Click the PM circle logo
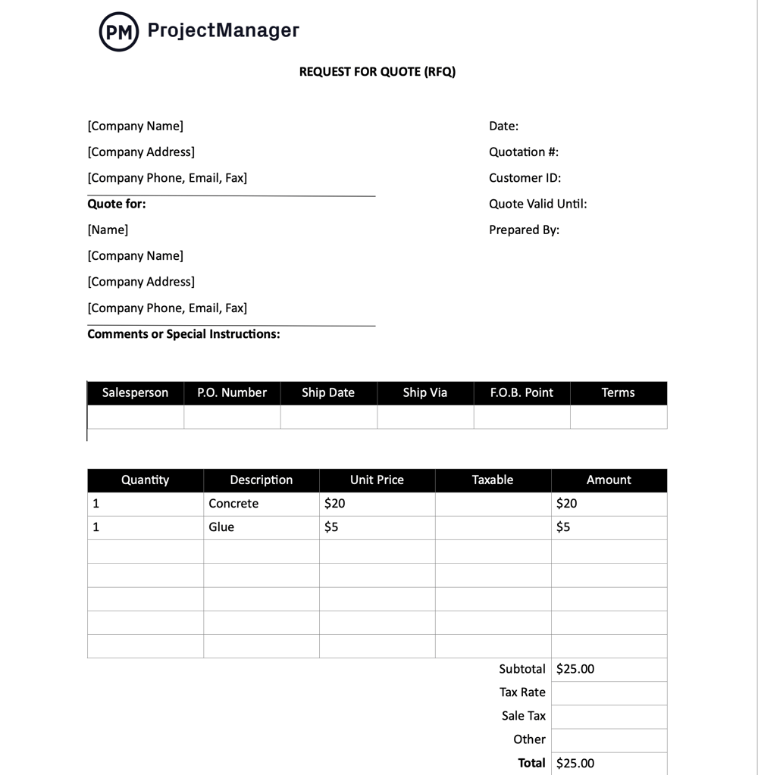pos(119,32)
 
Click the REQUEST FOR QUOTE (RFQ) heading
pos(377,72)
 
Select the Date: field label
pos(503,127)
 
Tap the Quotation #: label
pos(523,152)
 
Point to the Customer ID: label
pos(525,178)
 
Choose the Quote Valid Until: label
pos(537,204)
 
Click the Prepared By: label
pos(524,230)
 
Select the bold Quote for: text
pos(117,204)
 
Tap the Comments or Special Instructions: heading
pos(183,334)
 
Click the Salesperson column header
pos(135,392)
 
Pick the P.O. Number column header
pos(232,392)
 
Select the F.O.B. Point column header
pos(522,392)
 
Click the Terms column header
pos(618,392)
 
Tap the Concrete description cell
pos(233,504)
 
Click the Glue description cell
pos(221,527)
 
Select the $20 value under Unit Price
pos(334,504)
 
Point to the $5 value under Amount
pos(563,527)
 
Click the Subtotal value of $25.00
pos(575,669)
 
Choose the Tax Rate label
pos(522,692)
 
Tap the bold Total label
pos(531,763)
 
